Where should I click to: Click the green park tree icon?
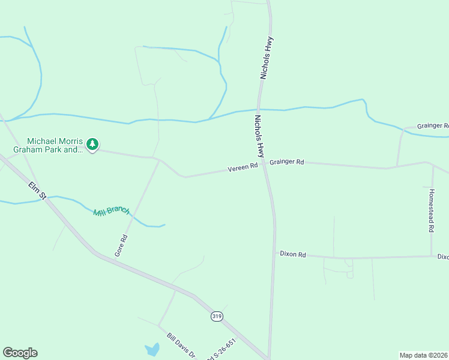pyautogui.click(x=92, y=144)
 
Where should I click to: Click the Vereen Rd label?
pyautogui.click(x=243, y=169)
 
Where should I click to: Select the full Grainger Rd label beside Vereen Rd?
pyautogui.click(x=287, y=162)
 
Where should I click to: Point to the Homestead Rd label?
pyautogui.click(x=431, y=211)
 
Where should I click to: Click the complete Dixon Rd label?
pyautogui.click(x=293, y=254)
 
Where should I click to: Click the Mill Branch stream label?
pyautogui.click(x=111, y=211)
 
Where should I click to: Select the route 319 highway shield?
pyautogui.click(x=217, y=316)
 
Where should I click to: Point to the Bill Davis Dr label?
pyautogui.click(x=181, y=346)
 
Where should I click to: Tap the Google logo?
pyautogui.click(x=20, y=353)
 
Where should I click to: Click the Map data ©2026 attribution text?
pyautogui.click(x=424, y=355)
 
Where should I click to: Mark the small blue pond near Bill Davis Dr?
pyautogui.click(x=152, y=349)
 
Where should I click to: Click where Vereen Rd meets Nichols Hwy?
pyautogui.click(x=264, y=164)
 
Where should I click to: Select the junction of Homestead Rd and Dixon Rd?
pyautogui.click(x=431, y=257)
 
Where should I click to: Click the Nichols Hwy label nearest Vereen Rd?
pyautogui.click(x=260, y=136)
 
